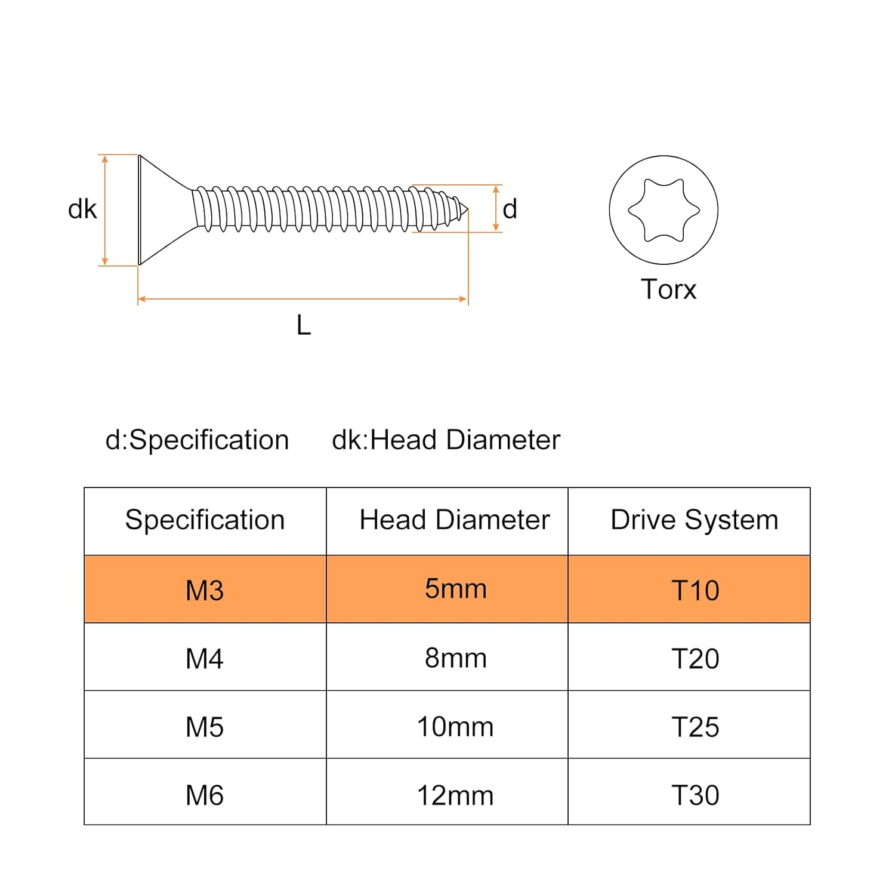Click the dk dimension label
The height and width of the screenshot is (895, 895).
click(x=82, y=209)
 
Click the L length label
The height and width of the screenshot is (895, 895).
click(x=304, y=326)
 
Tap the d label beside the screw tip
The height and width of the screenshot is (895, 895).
click(x=510, y=209)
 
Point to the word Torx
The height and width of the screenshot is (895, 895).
click(x=668, y=290)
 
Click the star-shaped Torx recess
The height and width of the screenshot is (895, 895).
click(x=663, y=210)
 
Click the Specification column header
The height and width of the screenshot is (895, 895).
click(x=205, y=520)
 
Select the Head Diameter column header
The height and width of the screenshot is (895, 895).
click(x=454, y=520)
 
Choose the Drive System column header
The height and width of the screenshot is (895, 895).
click(x=695, y=520)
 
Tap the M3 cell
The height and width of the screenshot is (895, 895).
click(x=205, y=590)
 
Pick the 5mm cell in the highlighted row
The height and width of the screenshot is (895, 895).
click(x=455, y=590)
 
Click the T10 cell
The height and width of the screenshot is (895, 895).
click(x=695, y=590)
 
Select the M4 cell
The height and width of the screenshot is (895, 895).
click(x=205, y=659)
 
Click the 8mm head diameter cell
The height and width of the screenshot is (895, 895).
click(x=455, y=659)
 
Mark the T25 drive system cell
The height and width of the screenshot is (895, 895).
click(x=695, y=727)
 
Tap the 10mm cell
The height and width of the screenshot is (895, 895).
click(x=455, y=727)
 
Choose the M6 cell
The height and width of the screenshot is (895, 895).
click(x=205, y=795)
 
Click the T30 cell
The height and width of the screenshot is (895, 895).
click(x=695, y=795)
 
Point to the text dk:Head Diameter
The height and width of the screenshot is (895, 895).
click(x=446, y=440)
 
